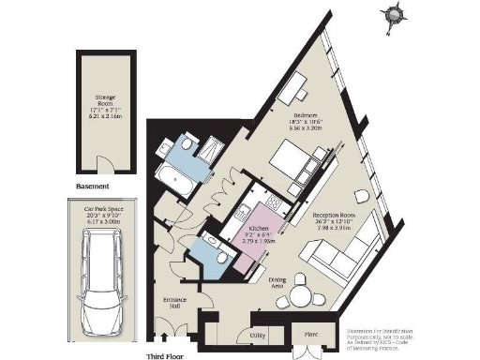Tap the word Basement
coord(97,187)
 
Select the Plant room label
coord(307,333)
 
